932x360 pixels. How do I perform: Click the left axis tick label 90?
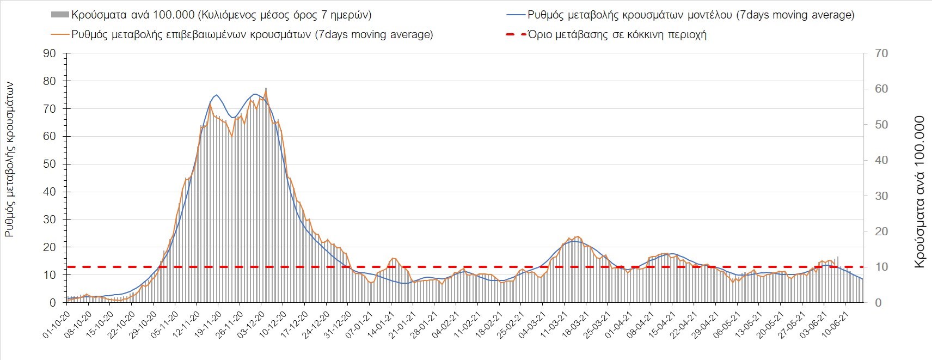[50, 53]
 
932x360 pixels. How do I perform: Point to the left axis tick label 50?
[50, 164]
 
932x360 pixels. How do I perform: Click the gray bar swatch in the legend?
[59, 15]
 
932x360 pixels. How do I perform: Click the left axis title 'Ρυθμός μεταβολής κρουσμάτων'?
[9, 159]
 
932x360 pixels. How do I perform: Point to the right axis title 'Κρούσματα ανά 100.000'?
[919, 192]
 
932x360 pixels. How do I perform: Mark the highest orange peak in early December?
[266, 90]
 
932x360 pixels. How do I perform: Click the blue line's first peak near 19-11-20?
[217, 95]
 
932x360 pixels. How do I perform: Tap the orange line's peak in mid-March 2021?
[577, 236]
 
